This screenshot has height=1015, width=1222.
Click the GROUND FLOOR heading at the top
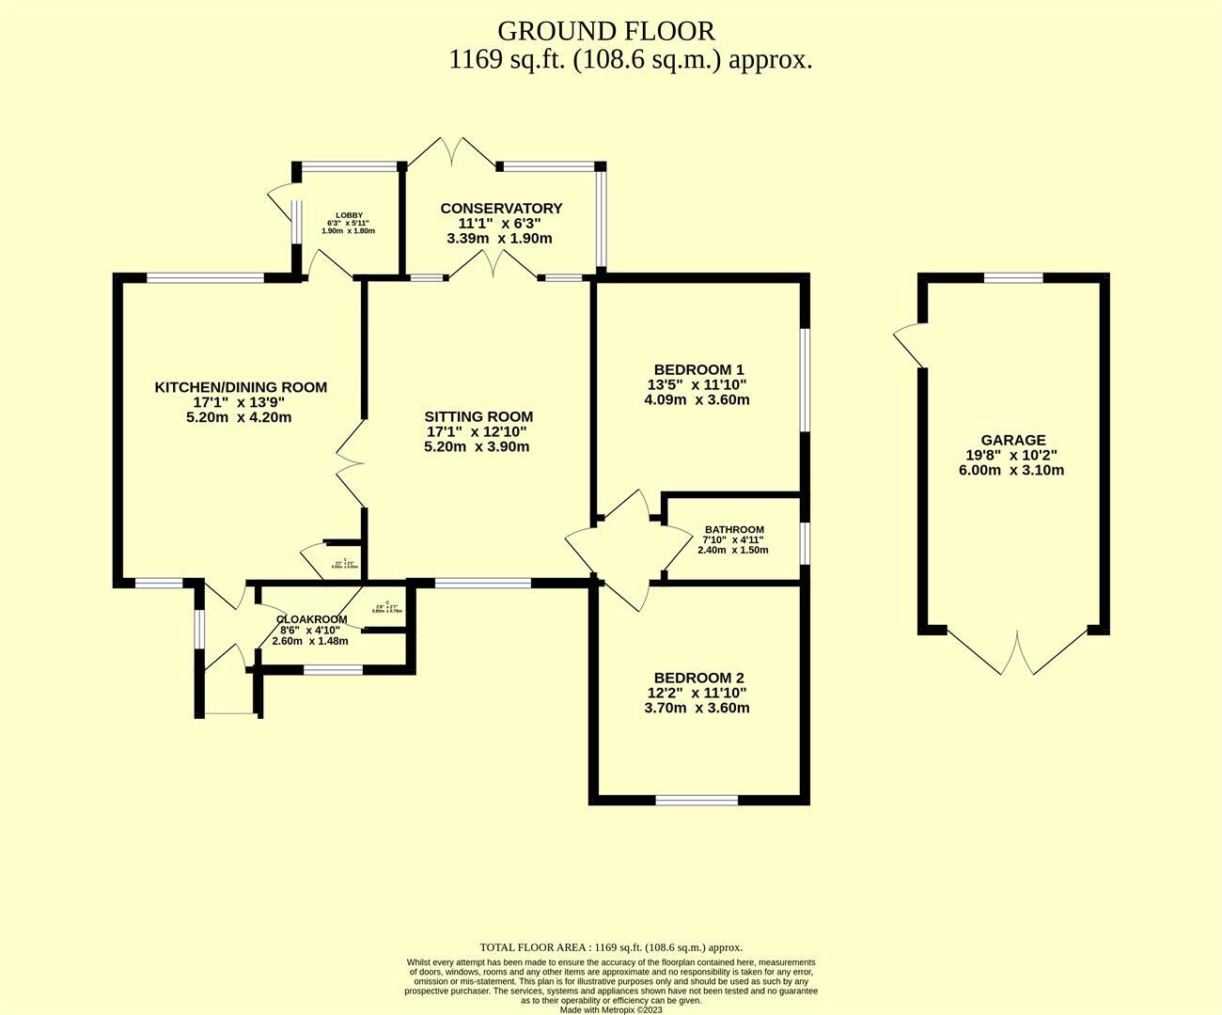click(605, 31)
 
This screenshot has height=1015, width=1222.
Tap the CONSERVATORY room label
click(501, 209)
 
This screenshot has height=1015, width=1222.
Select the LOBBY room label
click(348, 215)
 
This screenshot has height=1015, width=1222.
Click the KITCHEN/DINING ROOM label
click(241, 387)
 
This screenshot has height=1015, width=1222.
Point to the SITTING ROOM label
click(478, 416)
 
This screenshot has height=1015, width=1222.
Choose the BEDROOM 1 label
click(699, 369)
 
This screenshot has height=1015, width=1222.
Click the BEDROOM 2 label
click(699, 678)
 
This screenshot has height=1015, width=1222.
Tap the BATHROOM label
click(734, 530)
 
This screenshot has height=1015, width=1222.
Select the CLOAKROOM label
click(311, 619)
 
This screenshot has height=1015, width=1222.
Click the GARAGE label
click(1012, 440)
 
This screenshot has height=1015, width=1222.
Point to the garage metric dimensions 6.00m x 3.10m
click(1012, 470)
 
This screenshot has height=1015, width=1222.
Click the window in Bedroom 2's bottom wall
click(697, 800)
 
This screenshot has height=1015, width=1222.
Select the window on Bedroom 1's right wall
click(804, 379)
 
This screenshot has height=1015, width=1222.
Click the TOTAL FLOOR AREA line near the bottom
click(611, 947)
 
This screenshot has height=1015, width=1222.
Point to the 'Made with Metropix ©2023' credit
click(611, 1010)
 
